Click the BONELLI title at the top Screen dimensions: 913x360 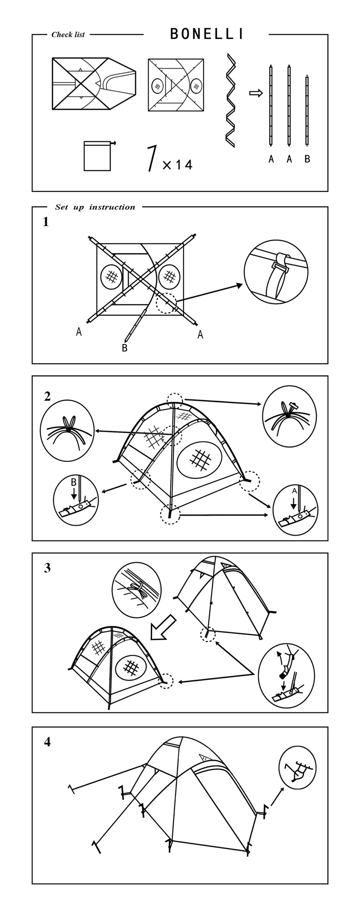tap(207, 34)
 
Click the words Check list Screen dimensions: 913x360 tap(68, 35)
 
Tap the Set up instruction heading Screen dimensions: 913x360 tap(95, 207)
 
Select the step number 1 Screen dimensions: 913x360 tap(46, 222)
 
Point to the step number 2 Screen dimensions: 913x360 tap(47, 397)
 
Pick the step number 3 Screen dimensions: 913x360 tap(47, 568)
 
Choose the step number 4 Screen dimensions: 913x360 tap(47, 742)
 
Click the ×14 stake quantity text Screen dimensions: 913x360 tap(178, 165)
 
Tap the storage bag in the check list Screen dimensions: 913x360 tap(98, 156)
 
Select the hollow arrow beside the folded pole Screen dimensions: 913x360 tap(255, 93)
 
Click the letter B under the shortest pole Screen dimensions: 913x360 tap(307, 159)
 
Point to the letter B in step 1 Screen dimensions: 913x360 tap(125, 348)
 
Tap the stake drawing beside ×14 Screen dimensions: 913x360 tap(152, 158)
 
